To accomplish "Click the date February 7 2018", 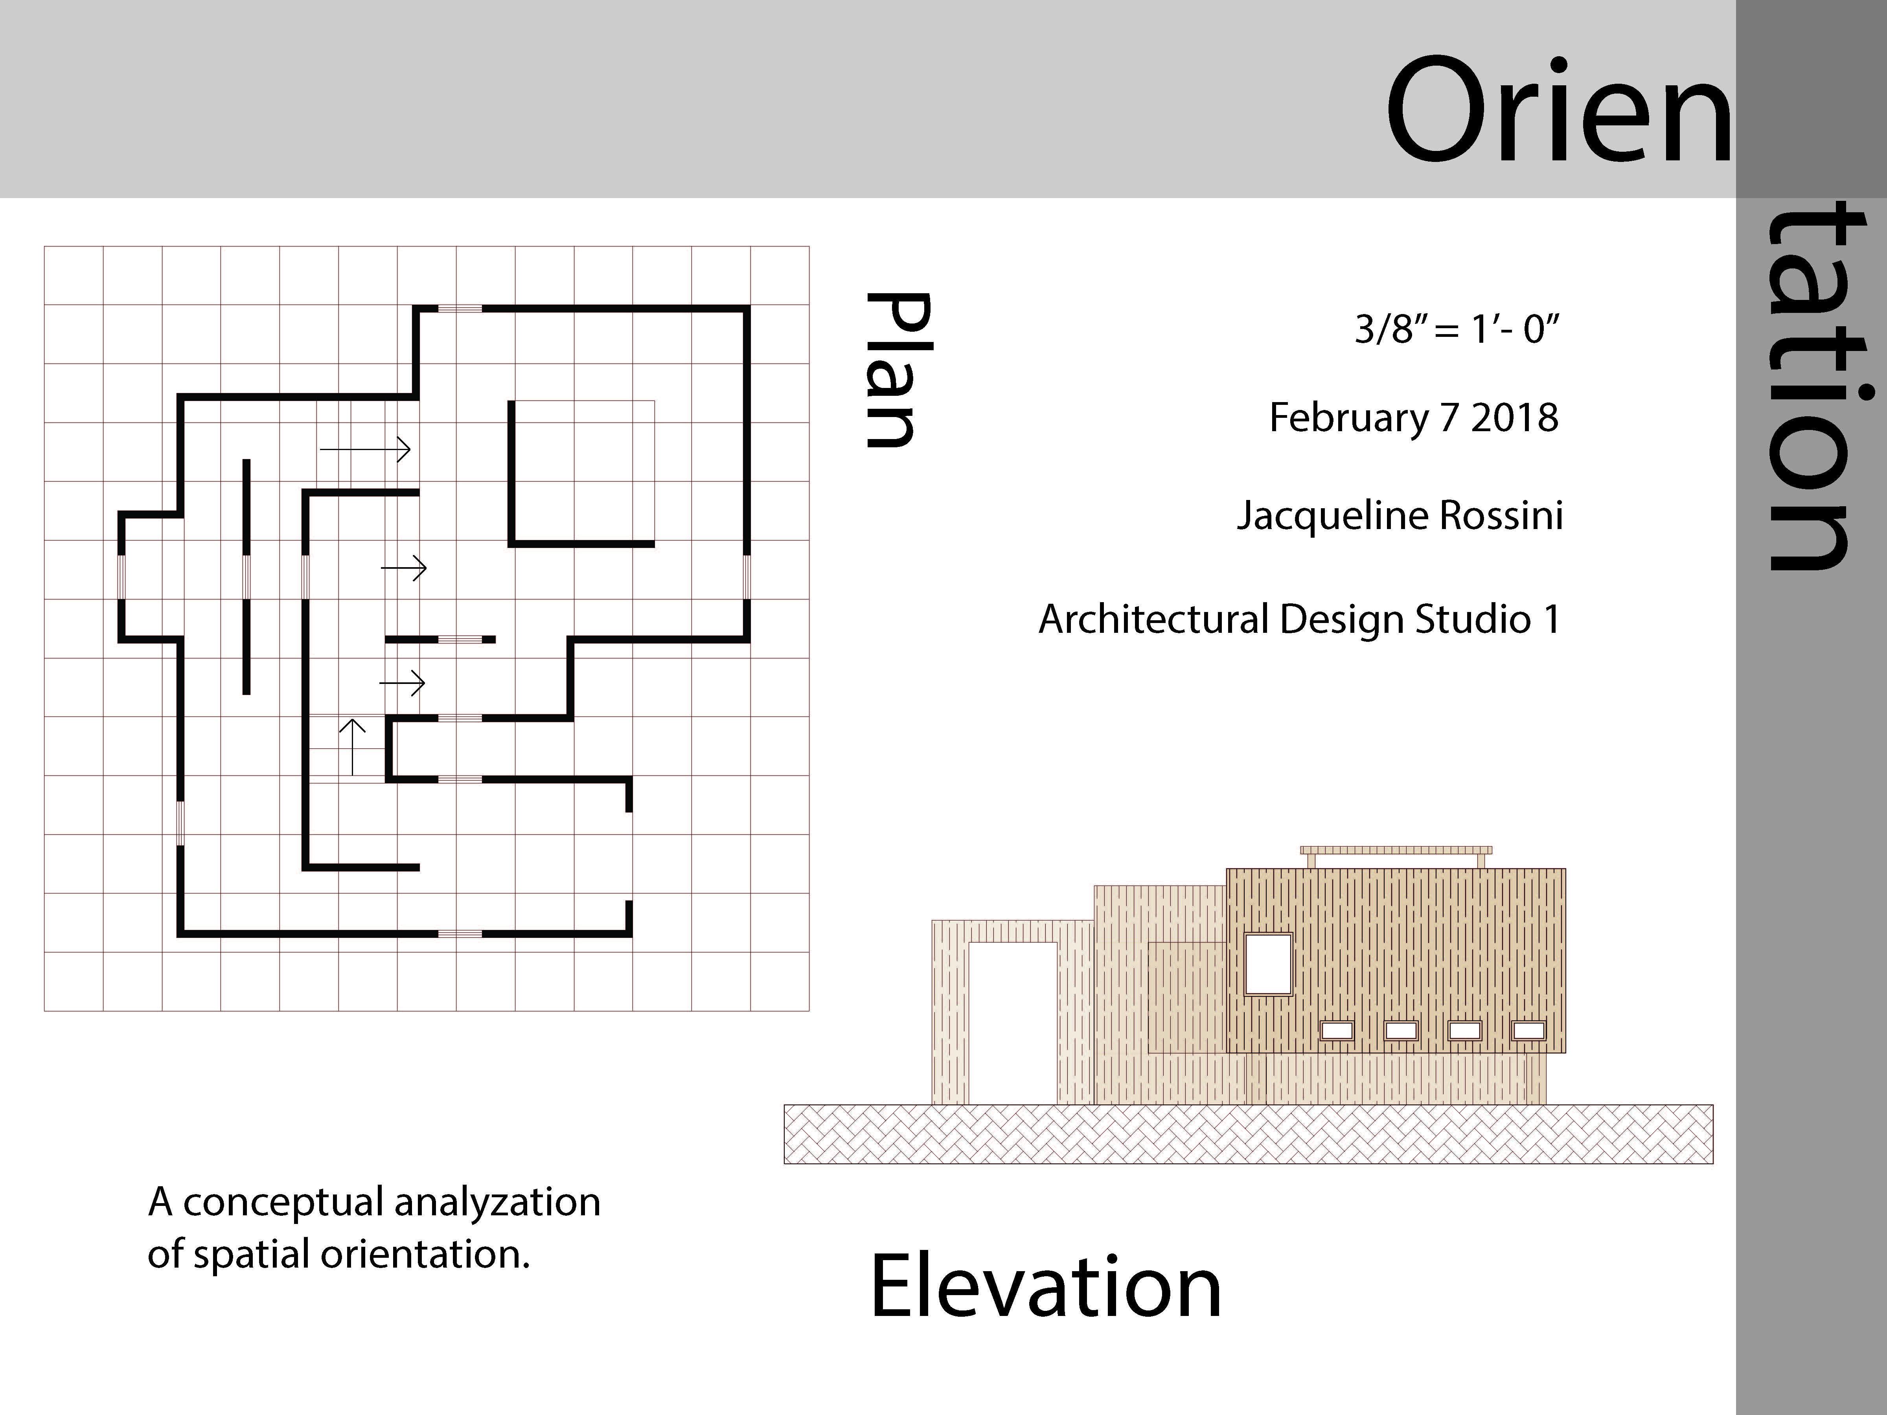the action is (x=1414, y=418).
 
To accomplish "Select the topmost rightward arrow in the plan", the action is (x=365, y=448).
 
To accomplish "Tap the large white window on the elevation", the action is (x=1269, y=964).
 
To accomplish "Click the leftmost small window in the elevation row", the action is (x=1337, y=1030).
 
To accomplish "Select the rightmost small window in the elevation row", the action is (x=1529, y=1030).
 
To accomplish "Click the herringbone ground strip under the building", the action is (x=1248, y=1134).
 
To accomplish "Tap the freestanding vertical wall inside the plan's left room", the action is (x=246, y=577).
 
